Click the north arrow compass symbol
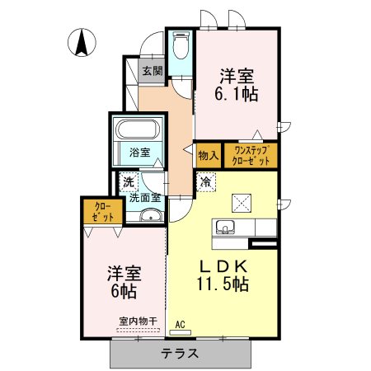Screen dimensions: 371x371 (x=82, y=43)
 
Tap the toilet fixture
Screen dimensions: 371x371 (x=181, y=45)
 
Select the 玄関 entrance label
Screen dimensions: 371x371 (x=153, y=71)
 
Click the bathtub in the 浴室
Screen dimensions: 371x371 (x=138, y=129)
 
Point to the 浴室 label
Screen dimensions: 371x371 (x=140, y=153)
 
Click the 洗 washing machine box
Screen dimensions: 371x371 (x=129, y=181)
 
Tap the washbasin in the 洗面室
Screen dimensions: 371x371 (x=151, y=215)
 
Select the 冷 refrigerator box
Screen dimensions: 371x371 (x=206, y=181)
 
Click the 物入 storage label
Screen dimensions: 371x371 (x=209, y=156)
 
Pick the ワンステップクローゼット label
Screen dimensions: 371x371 (x=251, y=156)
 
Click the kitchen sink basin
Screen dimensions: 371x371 (x=225, y=227)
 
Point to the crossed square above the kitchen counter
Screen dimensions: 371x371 (x=242, y=203)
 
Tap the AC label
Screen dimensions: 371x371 (x=180, y=325)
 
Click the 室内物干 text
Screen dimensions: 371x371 (x=139, y=321)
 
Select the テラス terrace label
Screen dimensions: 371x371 (x=180, y=353)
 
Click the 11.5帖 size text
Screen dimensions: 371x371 (x=223, y=284)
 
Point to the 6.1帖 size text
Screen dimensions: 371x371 (x=237, y=94)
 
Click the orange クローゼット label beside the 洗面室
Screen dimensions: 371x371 (x=103, y=212)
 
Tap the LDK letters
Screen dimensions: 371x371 (x=223, y=265)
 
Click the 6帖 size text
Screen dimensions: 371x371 (x=124, y=291)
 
